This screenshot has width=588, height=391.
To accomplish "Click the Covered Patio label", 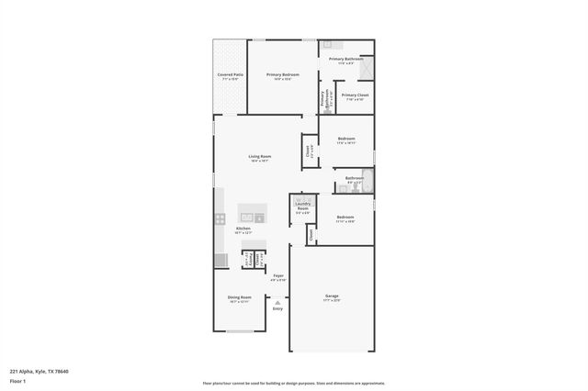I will click(231, 75).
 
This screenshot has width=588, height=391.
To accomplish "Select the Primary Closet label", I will click(356, 95).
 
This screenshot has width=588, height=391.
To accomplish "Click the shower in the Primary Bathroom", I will click(366, 66).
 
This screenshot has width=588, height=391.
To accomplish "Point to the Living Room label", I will click(259, 157).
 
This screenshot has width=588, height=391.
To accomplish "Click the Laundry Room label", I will click(302, 207).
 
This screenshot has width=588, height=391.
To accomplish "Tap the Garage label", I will click(332, 296).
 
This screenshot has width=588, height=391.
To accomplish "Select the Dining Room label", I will click(239, 297).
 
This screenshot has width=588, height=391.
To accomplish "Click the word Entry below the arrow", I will click(277, 308).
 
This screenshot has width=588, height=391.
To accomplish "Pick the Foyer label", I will click(278, 275).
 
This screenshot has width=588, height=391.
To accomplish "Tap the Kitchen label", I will click(243, 229).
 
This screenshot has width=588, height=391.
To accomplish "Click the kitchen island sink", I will click(259, 218).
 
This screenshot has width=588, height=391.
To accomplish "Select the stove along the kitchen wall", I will click(220, 218).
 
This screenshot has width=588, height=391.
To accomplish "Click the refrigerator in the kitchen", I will click(220, 261).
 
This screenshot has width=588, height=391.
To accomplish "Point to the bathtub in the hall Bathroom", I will click(368, 179).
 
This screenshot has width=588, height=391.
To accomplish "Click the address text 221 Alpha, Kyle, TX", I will click(39, 372).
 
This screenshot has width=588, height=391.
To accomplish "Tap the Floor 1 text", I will click(19, 380).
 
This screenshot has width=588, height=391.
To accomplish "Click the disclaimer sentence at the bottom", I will click(293, 383).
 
